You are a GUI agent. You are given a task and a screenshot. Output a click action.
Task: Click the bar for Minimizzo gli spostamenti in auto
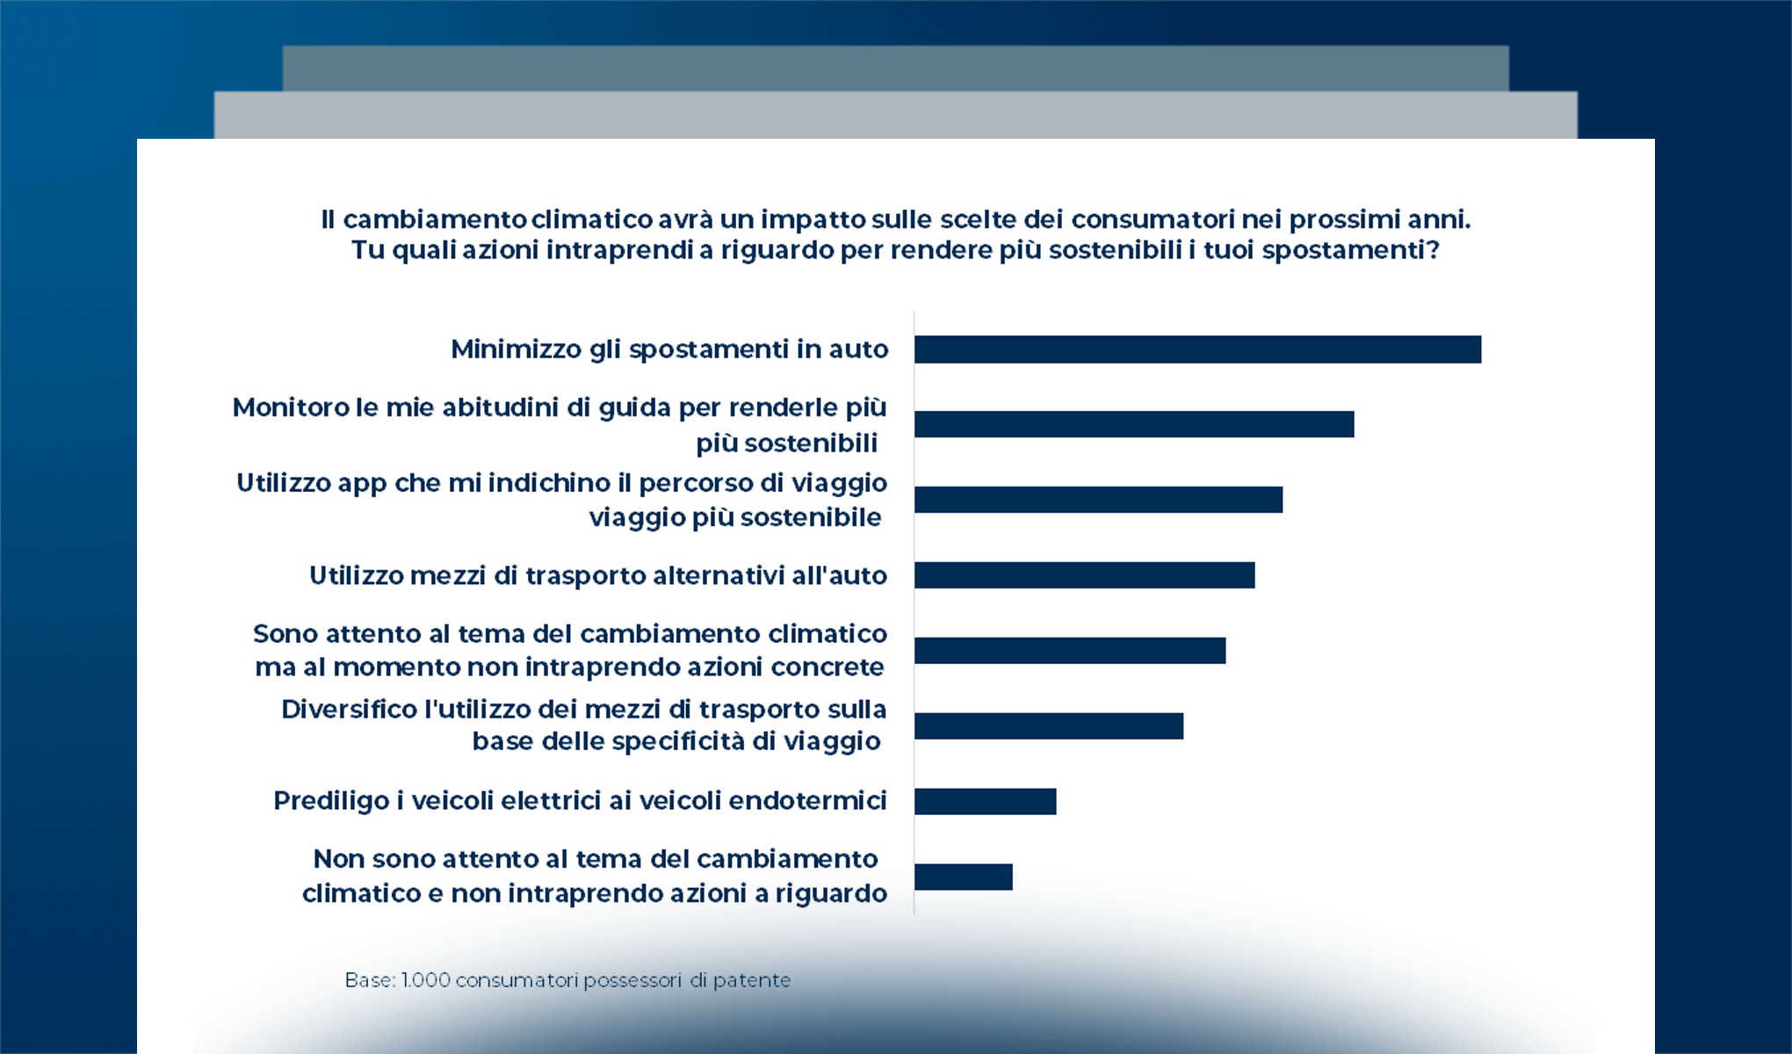[1197, 350]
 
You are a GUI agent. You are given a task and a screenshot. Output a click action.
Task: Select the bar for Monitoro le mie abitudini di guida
[1133, 424]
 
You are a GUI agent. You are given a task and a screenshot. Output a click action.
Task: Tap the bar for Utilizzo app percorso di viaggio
[1098, 500]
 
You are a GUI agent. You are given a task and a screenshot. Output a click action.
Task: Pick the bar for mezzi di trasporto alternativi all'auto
[1084, 575]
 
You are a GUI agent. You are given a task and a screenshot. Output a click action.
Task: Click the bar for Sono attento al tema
[1069, 651]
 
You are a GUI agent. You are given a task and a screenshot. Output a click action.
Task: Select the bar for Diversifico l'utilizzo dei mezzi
[1048, 726]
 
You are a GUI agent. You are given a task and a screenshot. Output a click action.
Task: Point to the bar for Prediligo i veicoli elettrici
[985, 802]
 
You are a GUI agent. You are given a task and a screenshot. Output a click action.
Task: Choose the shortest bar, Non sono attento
[963, 877]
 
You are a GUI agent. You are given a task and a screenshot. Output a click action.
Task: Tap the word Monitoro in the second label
[291, 408]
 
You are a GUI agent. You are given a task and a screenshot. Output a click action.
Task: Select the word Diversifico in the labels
[349, 710]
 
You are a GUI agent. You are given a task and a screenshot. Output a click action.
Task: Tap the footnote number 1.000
[425, 980]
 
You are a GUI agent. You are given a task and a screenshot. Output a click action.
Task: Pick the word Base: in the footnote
[370, 980]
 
